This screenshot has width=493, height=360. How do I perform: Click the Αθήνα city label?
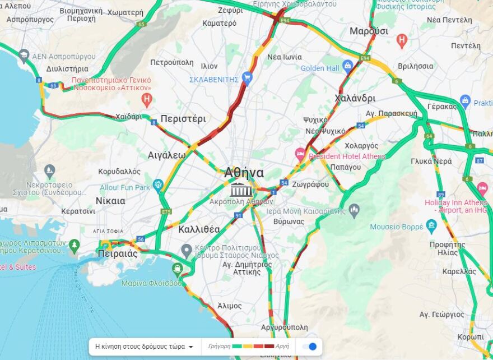coord(244,173)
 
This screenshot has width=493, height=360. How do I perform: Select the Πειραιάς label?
coord(117,253)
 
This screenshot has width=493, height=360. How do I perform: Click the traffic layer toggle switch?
coord(310,347)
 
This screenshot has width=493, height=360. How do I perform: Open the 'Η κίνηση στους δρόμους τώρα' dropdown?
coord(144,347)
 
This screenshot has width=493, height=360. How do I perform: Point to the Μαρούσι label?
coord(369,31)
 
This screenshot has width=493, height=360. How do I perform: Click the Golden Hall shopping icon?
coord(347,66)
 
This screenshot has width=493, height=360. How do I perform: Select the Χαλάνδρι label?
coord(355,98)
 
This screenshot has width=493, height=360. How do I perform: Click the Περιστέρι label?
coord(183,119)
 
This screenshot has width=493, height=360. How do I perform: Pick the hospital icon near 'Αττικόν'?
coord(146,100)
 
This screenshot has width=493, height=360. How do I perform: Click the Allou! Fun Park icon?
coord(158,184)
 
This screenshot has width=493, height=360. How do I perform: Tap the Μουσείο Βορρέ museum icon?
coord(431,227)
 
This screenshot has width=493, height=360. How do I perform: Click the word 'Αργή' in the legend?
coord(282,347)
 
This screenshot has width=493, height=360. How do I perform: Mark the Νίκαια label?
coord(110,201)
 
